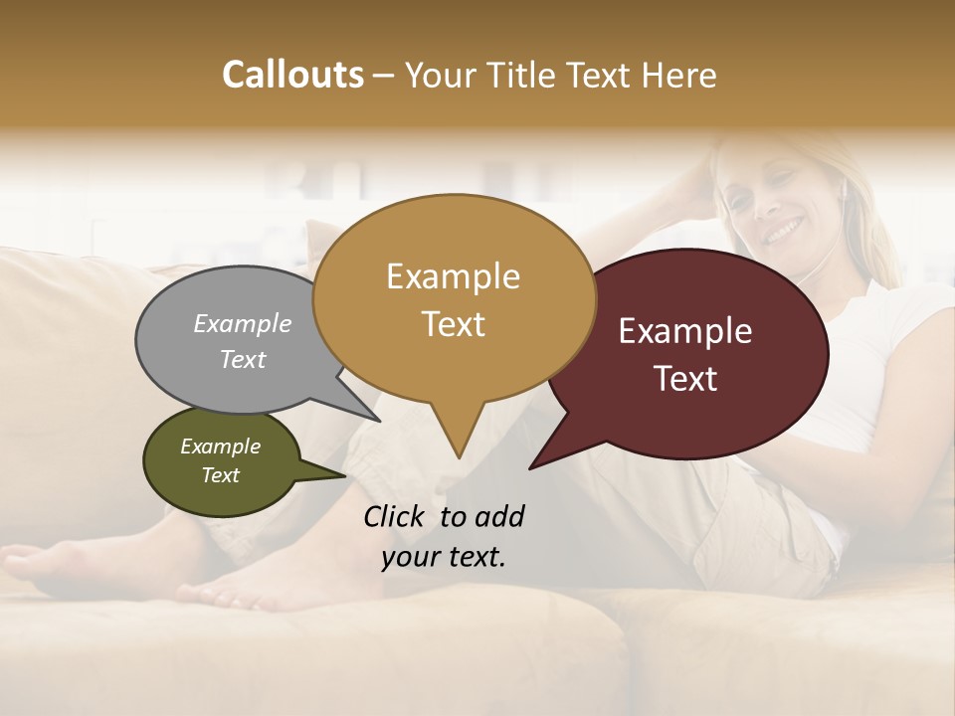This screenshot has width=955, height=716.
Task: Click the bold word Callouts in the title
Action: [292, 75]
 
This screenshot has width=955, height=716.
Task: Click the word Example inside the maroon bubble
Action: [685, 331]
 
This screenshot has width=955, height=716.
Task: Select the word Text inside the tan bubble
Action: [454, 324]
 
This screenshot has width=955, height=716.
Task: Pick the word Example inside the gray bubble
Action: [243, 323]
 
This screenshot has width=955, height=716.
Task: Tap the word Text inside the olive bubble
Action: [221, 475]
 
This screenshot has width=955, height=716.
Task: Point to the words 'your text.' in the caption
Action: [444, 557]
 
